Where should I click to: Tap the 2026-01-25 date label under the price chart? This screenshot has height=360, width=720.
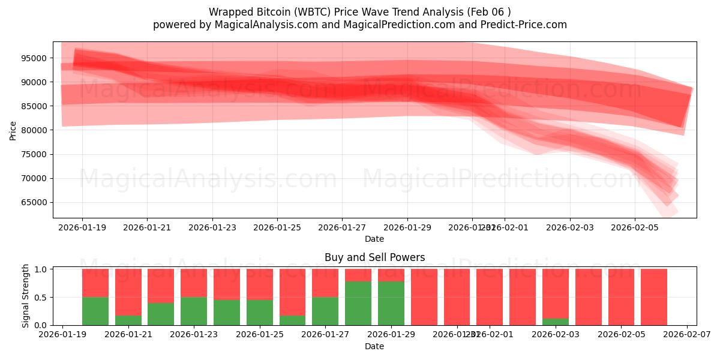(x=277, y=228)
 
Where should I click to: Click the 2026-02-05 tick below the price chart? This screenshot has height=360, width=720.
(x=635, y=228)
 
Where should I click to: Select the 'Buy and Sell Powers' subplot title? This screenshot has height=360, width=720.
(x=374, y=257)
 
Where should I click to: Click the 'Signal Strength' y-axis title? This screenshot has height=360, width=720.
(x=25, y=295)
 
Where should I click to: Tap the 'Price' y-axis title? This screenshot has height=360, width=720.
(x=13, y=130)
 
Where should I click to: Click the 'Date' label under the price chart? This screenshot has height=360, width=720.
(x=374, y=239)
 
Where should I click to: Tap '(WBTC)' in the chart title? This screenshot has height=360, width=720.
(x=319, y=12)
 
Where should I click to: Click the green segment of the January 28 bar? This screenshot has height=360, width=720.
(x=358, y=303)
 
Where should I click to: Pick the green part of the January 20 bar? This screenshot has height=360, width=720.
(x=95, y=311)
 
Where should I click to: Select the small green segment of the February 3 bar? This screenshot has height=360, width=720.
(x=556, y=322)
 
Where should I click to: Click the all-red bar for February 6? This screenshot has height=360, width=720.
(x=654, y=297)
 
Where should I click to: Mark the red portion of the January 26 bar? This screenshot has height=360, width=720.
(x=293, y=292)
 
